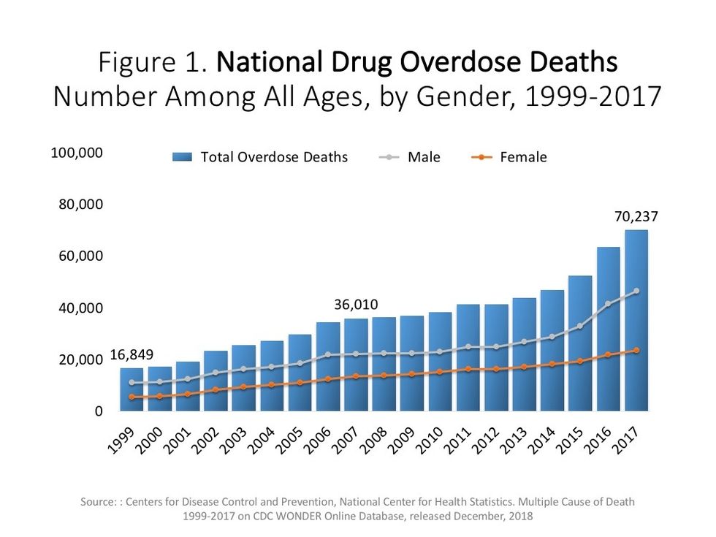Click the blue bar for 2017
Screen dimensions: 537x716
[x=636, y=321]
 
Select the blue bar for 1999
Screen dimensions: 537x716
[x=132, y=389]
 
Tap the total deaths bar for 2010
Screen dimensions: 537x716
[x=439, y=362]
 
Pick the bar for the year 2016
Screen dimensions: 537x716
[x=608, y=329]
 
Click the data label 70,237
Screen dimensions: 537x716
[x=636, y=216]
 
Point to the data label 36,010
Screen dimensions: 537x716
[x=356, y=305]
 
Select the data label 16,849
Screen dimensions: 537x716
[x=132, y=356]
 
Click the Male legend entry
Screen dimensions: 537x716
[x=424, y=157]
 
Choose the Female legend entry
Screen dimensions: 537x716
[x=523, y=157]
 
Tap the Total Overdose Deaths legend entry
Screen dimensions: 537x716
[x=274, y=157]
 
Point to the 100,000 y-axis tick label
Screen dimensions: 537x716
[x=77, y=153]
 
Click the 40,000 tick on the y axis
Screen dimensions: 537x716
[x=80, y=308]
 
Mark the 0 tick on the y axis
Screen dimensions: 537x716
[x=98, y=412]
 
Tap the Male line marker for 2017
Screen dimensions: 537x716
[x=636, y=291]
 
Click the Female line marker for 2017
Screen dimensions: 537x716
[x=636, y=351]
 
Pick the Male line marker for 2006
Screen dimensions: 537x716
[x=327, y=354]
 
